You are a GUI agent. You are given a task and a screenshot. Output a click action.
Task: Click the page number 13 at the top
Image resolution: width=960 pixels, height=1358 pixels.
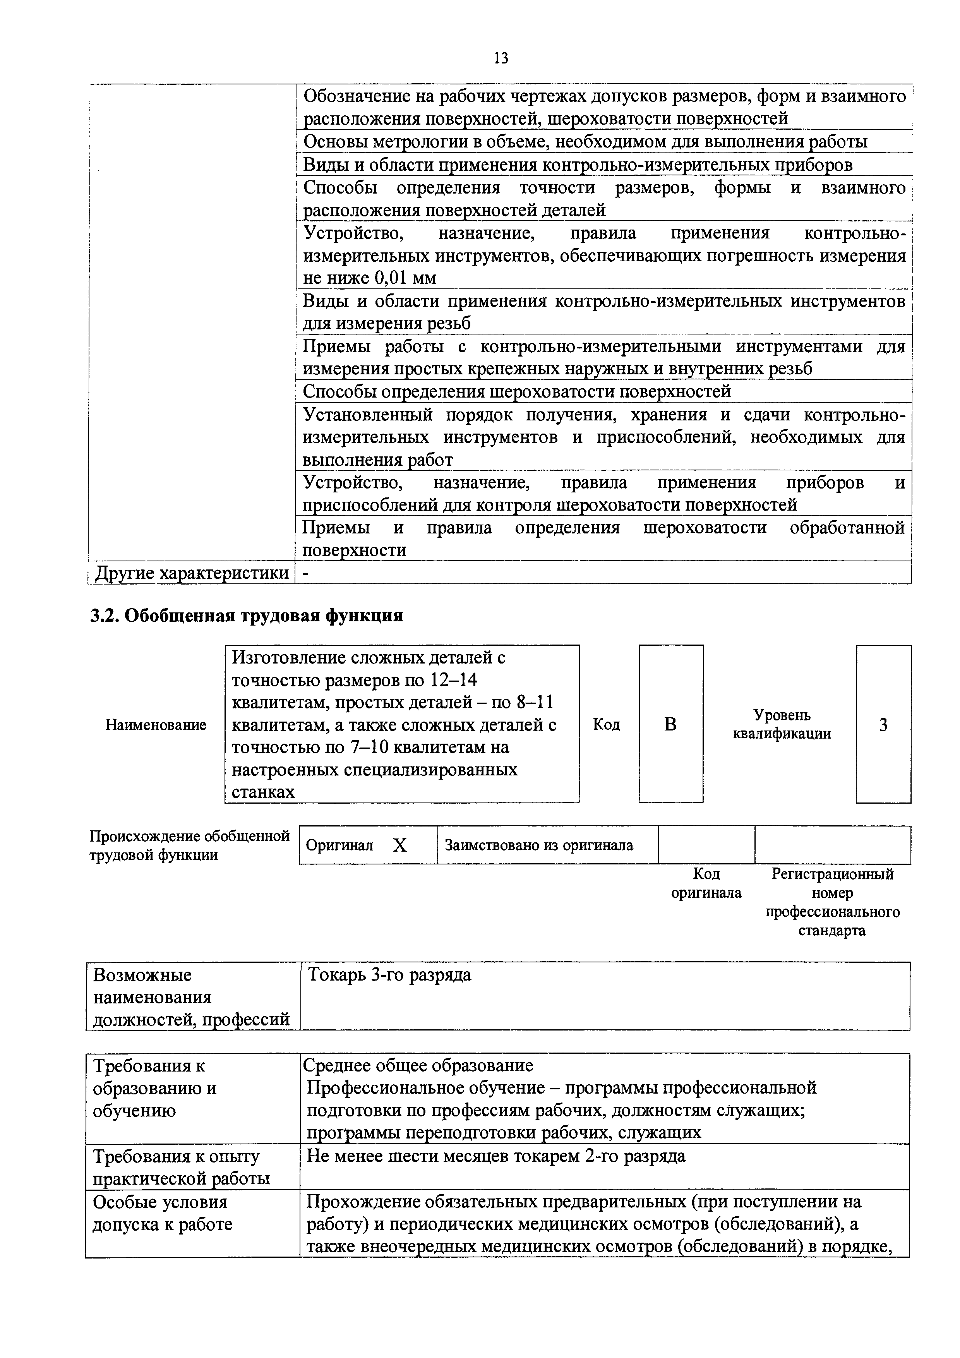click(x=501, y=58)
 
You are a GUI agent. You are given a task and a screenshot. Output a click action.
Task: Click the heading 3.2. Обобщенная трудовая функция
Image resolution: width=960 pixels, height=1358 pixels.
click(x=246, y=616)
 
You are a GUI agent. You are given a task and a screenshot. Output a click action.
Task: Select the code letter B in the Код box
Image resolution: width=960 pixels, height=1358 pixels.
click(x=670, y=724)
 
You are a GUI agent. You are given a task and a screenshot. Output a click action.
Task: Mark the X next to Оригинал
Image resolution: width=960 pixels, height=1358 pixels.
click(x=400, y=846)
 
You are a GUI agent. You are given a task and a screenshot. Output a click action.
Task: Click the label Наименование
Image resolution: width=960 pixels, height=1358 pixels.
click(x=156, y=725)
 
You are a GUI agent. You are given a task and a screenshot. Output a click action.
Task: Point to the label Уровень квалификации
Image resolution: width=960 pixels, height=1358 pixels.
click(x=782, y=725)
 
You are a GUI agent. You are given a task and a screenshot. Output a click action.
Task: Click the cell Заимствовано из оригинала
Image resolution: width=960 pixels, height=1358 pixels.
click(x=539, y=845)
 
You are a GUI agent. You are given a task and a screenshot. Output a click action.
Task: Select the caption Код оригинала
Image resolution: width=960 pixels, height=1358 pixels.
click(x=706, y=883)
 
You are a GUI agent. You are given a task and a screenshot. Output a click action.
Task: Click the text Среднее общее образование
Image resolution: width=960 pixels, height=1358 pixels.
click(x=418, y=1065)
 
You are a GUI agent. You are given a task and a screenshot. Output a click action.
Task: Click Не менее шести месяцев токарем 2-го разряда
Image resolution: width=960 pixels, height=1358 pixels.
click(x=495, y=1156)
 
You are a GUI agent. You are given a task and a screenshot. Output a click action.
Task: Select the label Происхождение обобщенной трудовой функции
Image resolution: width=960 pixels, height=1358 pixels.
click(x=189, y=845)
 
